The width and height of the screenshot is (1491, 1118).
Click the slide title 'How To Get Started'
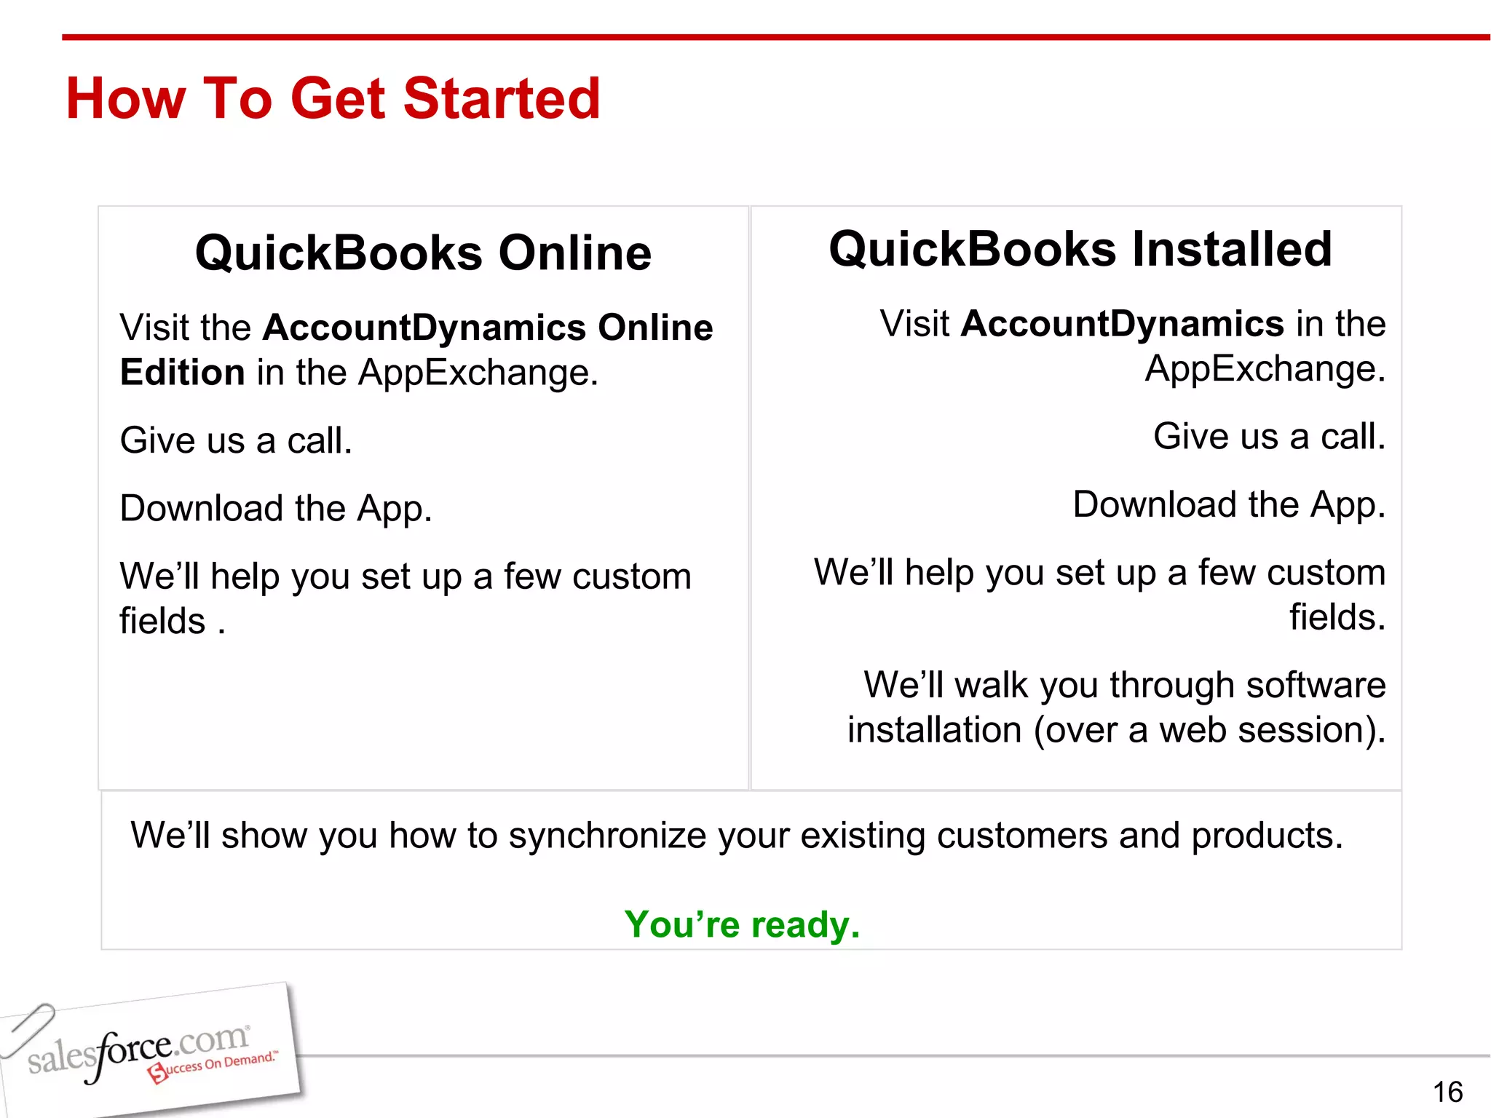click(333, 99)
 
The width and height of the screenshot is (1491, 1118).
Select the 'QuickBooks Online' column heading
click(423, 253)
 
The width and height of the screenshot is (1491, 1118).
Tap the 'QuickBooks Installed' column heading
click(1080, 250)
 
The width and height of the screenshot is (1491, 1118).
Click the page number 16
click(1447, 1092)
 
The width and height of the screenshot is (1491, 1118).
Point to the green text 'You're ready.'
click(742, 924)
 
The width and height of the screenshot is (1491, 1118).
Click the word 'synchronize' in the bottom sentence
click(607, 836)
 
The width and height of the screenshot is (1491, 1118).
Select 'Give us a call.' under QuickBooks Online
click(236, 440)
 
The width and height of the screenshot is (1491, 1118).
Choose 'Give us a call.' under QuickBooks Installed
click(1269, 437)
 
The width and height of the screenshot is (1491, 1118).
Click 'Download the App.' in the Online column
click(276, 508)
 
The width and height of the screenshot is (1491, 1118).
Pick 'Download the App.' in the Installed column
click(1229, 504)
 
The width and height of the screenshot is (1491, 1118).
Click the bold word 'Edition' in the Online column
click(182, 373)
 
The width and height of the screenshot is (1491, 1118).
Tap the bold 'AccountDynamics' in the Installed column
click(1122, 324)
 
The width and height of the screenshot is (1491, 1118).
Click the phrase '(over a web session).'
click(1209, 730)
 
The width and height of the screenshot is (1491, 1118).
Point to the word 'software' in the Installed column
click(1316, 685)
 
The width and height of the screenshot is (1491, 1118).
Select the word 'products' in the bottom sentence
click(1266, 836)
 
